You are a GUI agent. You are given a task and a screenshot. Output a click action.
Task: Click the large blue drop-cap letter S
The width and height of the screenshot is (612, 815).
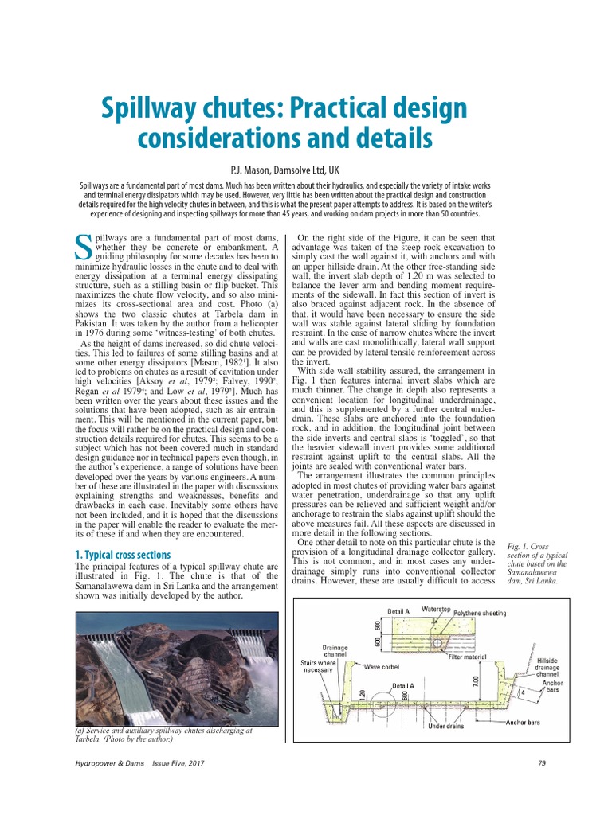pos(82,247)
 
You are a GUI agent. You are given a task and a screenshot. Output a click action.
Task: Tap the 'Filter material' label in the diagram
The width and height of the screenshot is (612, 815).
pos(467,657)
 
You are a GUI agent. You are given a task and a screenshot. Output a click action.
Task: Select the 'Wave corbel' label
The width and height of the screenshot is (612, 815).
pos(384,665)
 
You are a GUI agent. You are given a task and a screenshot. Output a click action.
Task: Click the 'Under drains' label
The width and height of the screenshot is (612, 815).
pos(446,726)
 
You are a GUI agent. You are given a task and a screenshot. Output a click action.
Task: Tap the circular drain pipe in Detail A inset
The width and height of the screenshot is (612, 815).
pos(437,642)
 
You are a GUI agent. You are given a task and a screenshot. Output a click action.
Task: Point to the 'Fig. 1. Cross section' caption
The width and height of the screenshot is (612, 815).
pos(532,563)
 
